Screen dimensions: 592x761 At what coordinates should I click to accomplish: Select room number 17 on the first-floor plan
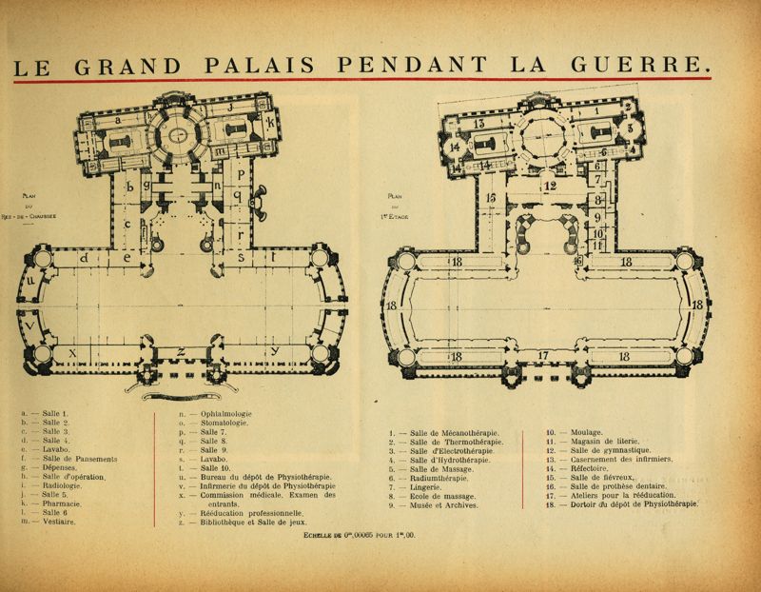tap(543, 357)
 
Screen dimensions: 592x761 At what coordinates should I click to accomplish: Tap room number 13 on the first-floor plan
tap(479, 124)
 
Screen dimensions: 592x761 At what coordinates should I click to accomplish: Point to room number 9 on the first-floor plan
tap(598, 216)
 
